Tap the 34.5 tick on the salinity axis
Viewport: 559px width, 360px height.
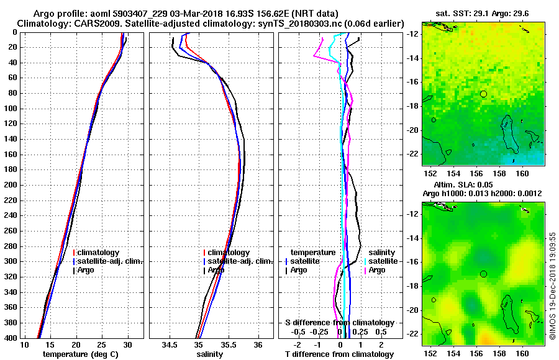click(x=170, y=344)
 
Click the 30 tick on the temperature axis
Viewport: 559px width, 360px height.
click(x=128, y=344)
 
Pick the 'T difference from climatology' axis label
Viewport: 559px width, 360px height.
click(x=339, y=354)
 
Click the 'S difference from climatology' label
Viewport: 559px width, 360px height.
click(x=339, y=323)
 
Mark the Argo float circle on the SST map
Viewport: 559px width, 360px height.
click(x=483, y=94)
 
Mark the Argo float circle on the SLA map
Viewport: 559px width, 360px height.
click(x=483, y=274)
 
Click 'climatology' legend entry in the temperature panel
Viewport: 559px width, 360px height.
click(x=98, y=253)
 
